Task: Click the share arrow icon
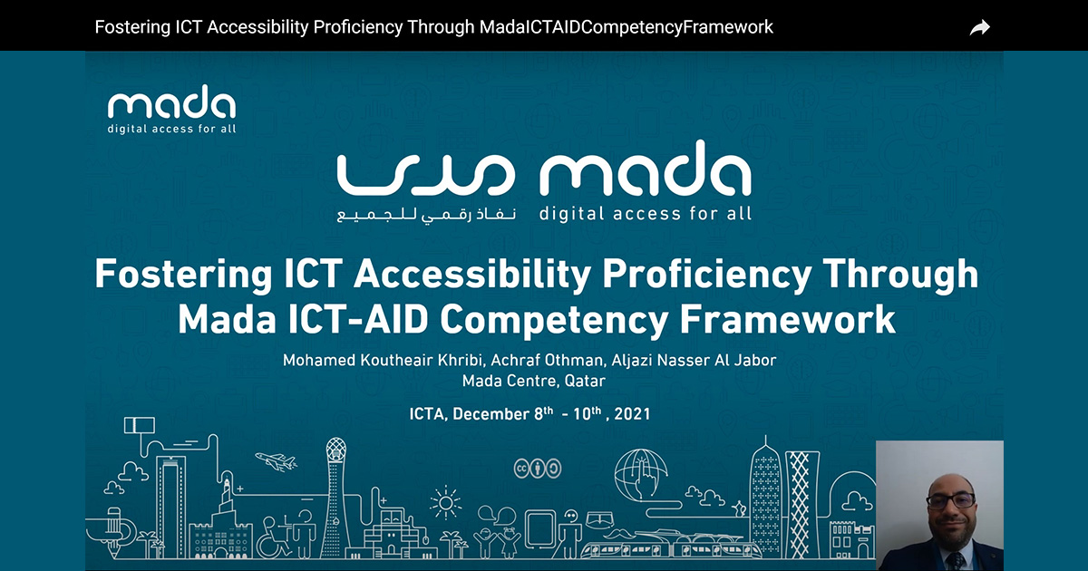coord(980,27)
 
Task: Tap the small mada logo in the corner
coord(171,109)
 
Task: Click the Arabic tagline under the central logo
coord(426,215)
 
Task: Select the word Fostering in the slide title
coord(183,275)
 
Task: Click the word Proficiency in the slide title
coord(707,275)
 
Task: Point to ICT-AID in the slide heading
coord(358,319)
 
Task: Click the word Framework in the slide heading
coord(787,319)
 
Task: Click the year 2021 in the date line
coord(632,414)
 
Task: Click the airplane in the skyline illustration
coord(276,461)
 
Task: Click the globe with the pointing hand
coord(641,474)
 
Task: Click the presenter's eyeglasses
coord(951,500)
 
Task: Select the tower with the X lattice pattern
coord(801,504)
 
